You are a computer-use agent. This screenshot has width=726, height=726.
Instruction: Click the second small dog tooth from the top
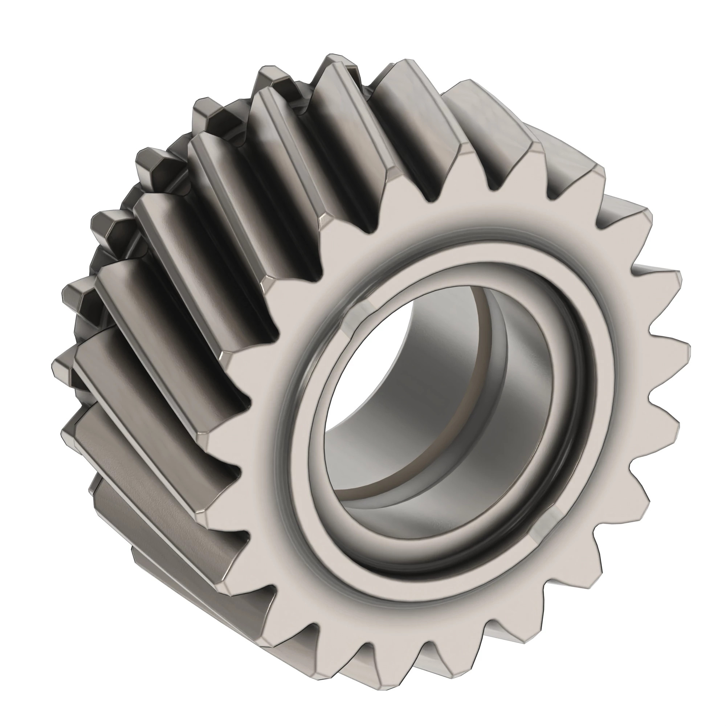(x=270, y=77)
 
